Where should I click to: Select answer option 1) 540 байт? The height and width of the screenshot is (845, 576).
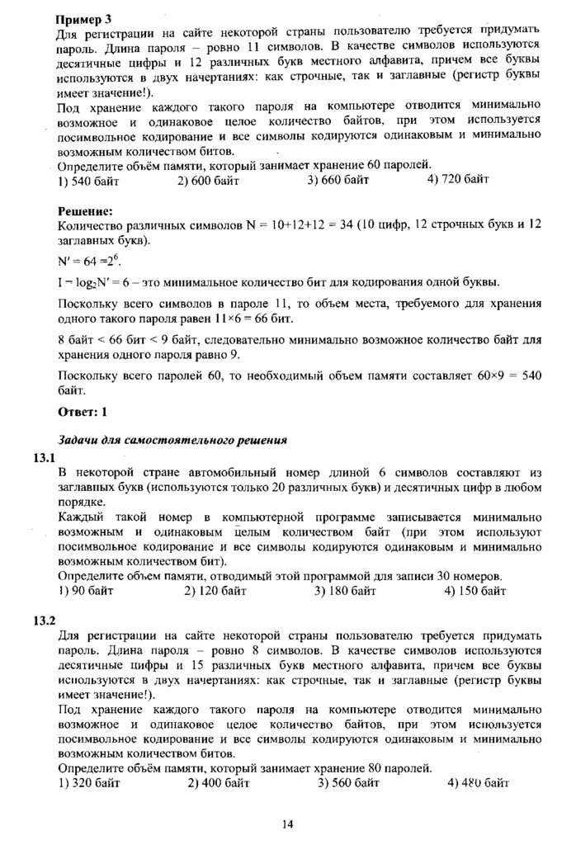coord(91,182)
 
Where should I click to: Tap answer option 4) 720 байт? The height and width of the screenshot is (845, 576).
coord(458,182)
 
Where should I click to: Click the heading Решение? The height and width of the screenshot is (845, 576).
coord(85,211)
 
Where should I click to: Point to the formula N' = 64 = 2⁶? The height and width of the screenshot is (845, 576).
coord(89,260)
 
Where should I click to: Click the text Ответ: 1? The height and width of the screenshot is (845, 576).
coord(83,410)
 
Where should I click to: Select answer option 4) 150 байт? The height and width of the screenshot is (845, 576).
coord(474,591)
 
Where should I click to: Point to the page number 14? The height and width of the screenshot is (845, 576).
coord(287,824)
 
